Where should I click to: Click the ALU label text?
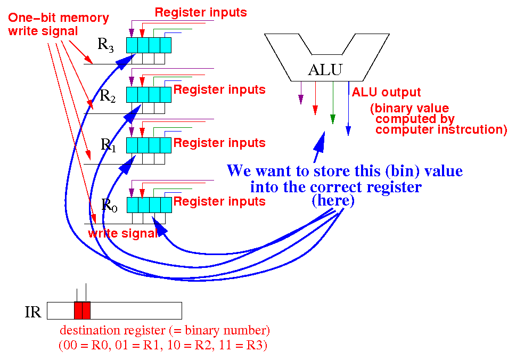coord(325,69)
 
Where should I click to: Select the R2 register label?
coord(108,96)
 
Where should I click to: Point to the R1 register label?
coord(108,145)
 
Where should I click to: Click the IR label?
coord(33,312)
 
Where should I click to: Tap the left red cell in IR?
coord(78,310)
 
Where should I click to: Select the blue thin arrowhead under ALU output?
coord(348,130)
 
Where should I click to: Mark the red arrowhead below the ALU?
coord(315,110)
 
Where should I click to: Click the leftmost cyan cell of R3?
coord(132,45)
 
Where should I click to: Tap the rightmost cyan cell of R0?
coord(166,205)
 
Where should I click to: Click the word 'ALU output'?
coord(387,93)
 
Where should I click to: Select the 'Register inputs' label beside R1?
coord(219,143)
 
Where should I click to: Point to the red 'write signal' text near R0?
coord(123,233)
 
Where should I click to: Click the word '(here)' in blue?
coord(333,200)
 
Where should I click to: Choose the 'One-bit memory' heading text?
coord(58,18)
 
